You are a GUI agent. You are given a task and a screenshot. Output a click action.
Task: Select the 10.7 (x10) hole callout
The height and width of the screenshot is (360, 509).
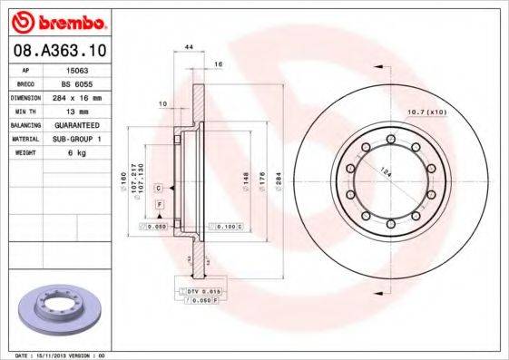coord(429,112)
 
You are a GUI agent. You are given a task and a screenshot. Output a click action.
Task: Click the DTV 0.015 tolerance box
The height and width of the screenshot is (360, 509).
coord(201,290)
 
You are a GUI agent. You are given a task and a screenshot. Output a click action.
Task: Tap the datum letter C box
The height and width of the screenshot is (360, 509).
coord(159,187)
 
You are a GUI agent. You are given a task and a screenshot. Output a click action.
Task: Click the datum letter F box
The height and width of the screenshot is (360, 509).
coord(159,206)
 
